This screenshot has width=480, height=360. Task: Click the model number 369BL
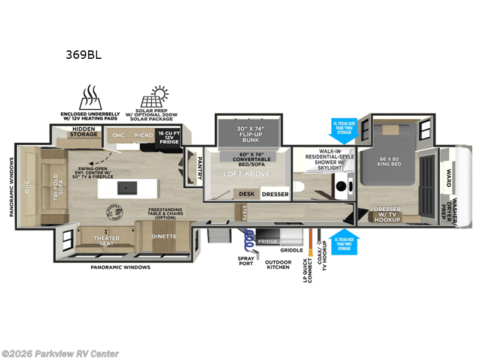pyautogui.click(x=83, y=55)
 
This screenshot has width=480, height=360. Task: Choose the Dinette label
pyautogui.click(x=163, y=236)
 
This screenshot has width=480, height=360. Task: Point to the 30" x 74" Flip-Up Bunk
pyautogui.click(x=250, y=133)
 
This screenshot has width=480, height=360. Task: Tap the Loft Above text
pyautogui.click(x=248, y=174)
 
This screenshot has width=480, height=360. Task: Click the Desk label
pyautogui.click(x=247, y=194)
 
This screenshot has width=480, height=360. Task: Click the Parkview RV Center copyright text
pyautogui.click(x=60, y=353)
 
